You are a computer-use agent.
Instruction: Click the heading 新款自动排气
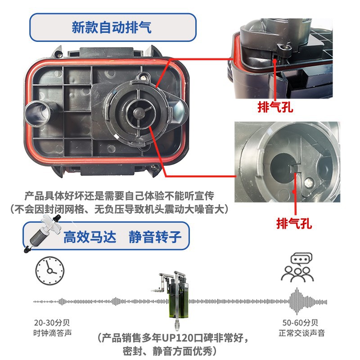[x=112, y=27]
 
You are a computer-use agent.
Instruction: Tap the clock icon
[x=50, y=271]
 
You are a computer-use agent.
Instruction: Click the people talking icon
[x=297, y=267]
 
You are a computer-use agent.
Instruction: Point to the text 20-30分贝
[x=52, y=323]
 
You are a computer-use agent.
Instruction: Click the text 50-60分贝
[x=300, y=323]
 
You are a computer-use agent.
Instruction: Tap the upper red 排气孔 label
[x=275, y=107]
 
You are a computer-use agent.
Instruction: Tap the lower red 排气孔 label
[x=294, y=223]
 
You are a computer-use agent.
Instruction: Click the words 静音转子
[x=155, y=237]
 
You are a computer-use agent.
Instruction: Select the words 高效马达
[x=90, y=237]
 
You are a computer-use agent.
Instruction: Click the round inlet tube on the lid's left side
[x=37, y=113]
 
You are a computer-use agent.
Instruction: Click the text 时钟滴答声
[x=53, y=333]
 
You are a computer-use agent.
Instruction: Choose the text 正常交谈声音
[x=301, y=333]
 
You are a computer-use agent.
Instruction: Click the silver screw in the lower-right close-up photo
[x=309, y=183]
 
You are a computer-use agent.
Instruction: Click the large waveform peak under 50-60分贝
[x=297, y=301]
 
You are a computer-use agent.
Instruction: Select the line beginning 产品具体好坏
[x=119, y=196]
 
